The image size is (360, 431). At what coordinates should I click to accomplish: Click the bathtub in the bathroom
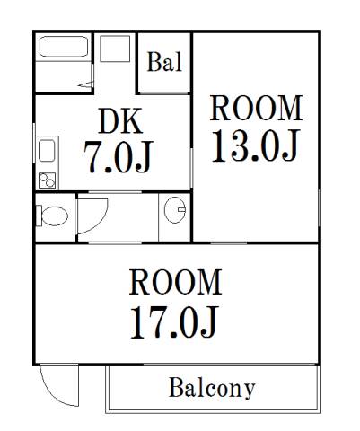point(64,47)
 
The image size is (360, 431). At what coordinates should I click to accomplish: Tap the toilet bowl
point(55,215)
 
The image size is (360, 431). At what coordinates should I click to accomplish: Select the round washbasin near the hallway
point(175,210)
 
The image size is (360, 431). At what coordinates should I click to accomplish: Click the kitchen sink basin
point(47,151)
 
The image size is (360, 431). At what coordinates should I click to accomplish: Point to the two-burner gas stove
point(47,180)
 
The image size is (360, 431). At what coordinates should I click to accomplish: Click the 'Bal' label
point(164,62)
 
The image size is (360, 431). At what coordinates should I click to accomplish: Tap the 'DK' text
point(120,121)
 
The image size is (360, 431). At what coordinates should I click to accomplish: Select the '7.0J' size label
point(119,157)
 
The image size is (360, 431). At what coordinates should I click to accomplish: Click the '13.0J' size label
point(255,146)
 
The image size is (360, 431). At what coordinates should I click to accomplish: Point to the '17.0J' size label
point(173,322)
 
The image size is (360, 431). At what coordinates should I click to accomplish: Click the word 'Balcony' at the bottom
point(212,388)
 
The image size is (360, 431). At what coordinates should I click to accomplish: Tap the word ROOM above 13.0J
point(256,108)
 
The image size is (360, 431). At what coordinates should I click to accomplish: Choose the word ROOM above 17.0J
point(176,282)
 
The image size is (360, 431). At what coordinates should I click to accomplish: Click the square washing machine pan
point(115,48)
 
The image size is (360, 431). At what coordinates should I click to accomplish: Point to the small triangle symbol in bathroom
point(85,84)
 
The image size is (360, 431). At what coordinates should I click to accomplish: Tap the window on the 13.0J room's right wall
point(320,207)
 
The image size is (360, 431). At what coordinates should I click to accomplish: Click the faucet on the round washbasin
point(181,209)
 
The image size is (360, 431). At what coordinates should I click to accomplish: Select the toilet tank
point(39,215)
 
